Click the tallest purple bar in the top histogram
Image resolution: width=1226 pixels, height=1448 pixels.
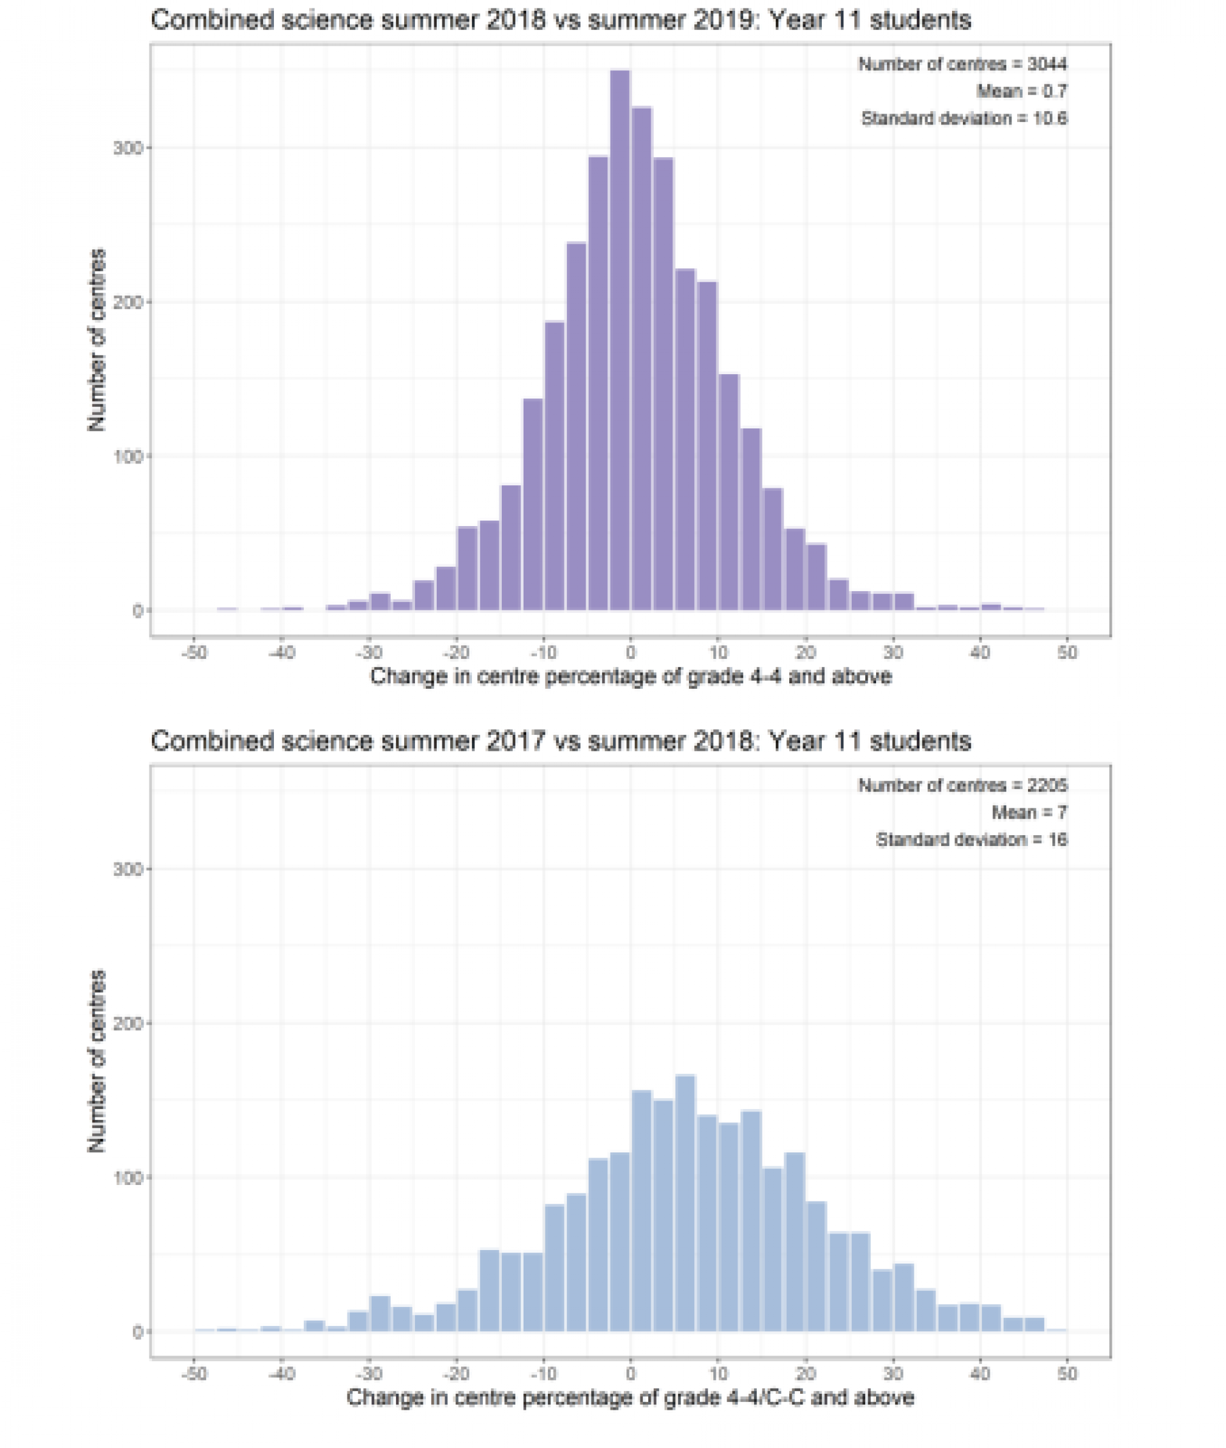coord(619,340)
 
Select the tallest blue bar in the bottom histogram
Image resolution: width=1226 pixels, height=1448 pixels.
coord(685,1203)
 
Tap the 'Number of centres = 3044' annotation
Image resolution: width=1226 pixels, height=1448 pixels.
coord(962,64)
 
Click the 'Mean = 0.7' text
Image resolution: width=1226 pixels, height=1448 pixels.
coord(1021,91)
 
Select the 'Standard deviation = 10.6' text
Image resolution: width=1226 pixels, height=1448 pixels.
coord(964,118)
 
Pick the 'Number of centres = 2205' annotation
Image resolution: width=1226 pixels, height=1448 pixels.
coord(962,785)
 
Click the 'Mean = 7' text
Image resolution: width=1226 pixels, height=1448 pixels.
coord(1029,812)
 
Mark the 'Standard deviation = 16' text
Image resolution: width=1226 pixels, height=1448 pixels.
coord(971,840)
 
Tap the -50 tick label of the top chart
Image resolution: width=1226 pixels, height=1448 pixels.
coord(194,652)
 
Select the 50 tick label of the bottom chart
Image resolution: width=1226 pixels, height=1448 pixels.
coord(1067,1374)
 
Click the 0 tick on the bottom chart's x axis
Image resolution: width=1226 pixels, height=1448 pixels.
coord(630,1374)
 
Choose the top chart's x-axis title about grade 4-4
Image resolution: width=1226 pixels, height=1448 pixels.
coord(630,676)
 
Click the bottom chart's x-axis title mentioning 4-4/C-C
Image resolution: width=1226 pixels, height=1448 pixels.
coord(630,1398)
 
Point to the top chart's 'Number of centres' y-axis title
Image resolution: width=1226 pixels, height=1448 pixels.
coord(96,340)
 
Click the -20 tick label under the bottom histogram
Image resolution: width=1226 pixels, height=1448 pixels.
coord(456,1374)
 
